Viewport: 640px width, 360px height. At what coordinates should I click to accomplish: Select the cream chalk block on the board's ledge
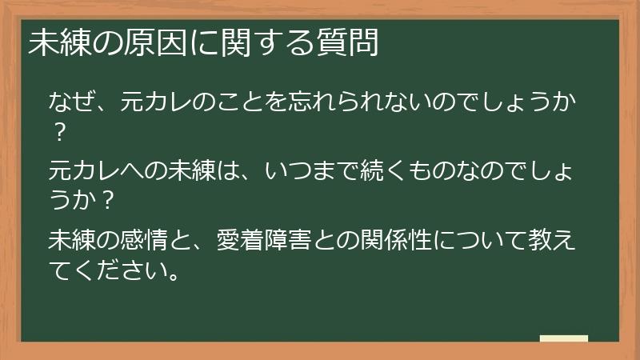(x=563, y=338)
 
